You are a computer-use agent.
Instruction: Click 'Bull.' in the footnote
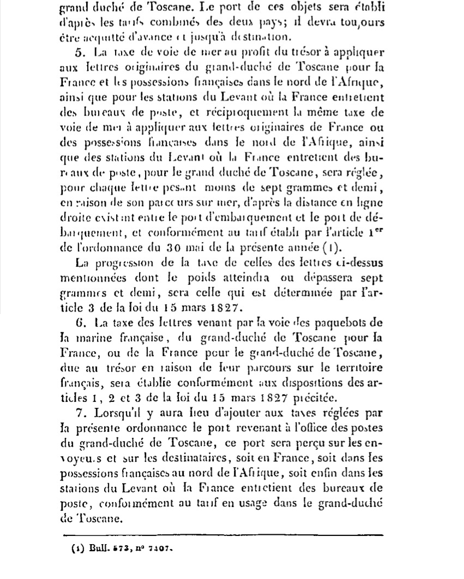tap(96, 550)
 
